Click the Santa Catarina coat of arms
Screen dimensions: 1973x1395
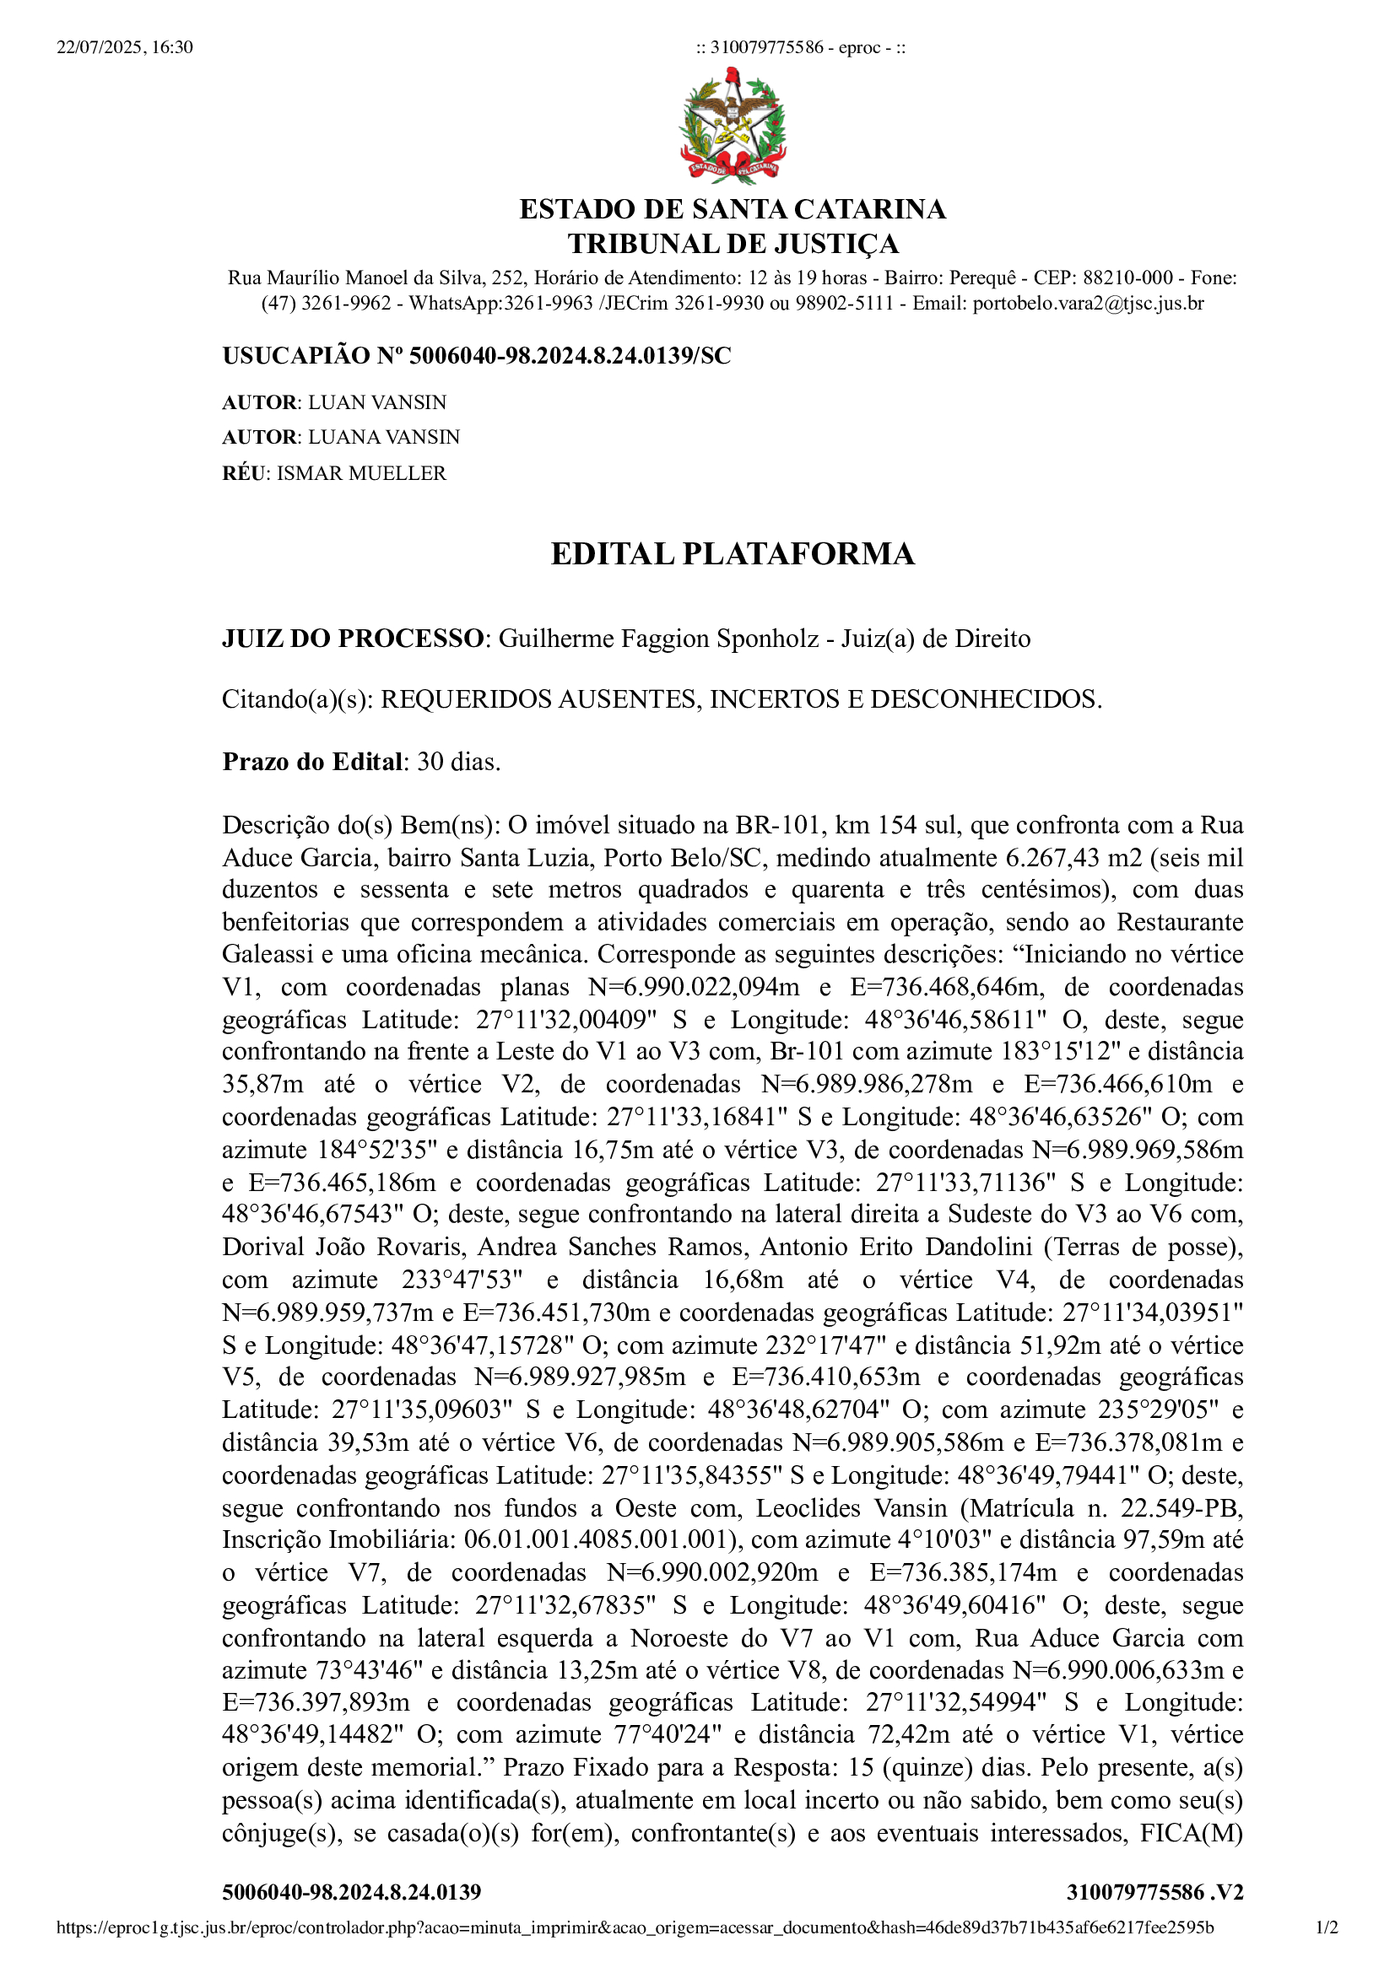pyautogui.click(x=733, y=127)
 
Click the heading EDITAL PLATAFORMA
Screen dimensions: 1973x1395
pyautogui.click(x=733, y=554)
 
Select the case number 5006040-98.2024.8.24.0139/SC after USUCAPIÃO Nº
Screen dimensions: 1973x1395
pyautogui.click(x=570, y=356)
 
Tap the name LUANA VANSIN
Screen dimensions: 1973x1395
pyautogui.click(x=384, y=438)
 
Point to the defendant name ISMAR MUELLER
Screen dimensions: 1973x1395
pyautogui.click(x=361, y=473)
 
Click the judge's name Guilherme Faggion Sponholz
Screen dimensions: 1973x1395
pyautogui.click(x=658, y=639)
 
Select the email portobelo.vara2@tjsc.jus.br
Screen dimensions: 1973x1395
pyautogui.click(x=1088, y=304)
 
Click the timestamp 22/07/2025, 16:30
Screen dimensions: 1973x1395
pyautogui.click(x=125, y=47)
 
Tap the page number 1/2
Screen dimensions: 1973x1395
pyautogui.click(x=1327, y=1927)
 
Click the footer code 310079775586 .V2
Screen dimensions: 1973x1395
pyautogui.click(x=1154, y=1892)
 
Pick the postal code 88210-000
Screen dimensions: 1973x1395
pyautogui.click(x=1127, y=278)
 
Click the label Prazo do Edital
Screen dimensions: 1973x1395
pyautogui.click(x=312, y=763)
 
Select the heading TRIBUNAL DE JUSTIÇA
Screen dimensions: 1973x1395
pyautogui.click(x=733, y=244)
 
